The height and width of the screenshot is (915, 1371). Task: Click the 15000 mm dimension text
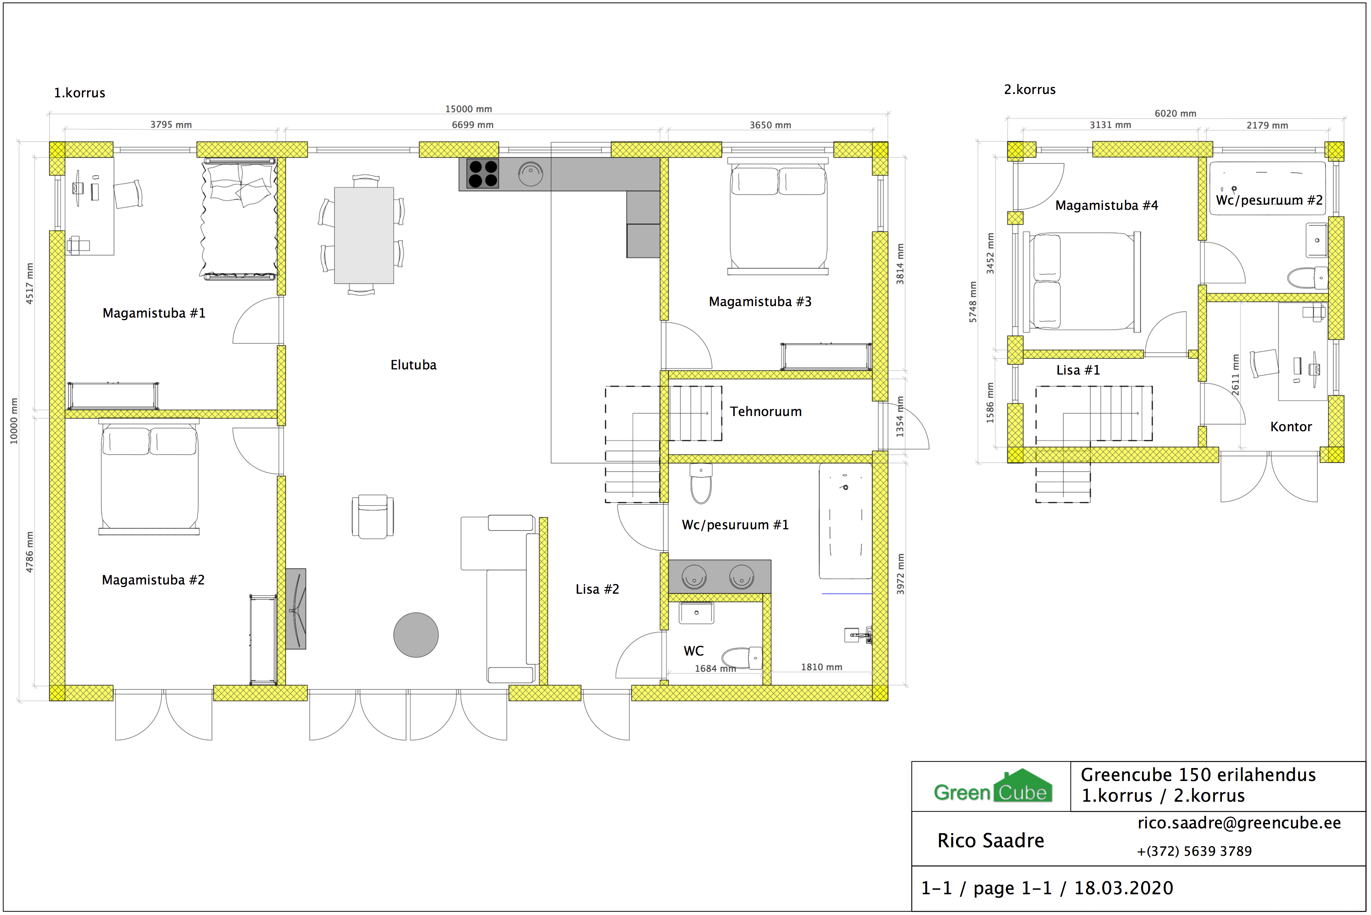point(469,109)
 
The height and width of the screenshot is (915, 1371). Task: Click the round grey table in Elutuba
point(416,635)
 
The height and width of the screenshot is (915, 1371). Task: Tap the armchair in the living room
point(373,516)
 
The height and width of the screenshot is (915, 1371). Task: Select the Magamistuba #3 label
point(760,302)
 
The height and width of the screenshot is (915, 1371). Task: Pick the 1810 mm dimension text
point(821,667)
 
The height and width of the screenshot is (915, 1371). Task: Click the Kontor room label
point(1290,426)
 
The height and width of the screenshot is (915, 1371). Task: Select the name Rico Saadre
point(990,840)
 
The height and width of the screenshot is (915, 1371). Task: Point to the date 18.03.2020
point(1124,888)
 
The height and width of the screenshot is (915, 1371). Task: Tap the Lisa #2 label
point(597,589)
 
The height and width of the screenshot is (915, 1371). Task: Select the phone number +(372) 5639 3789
point(1194,851)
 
